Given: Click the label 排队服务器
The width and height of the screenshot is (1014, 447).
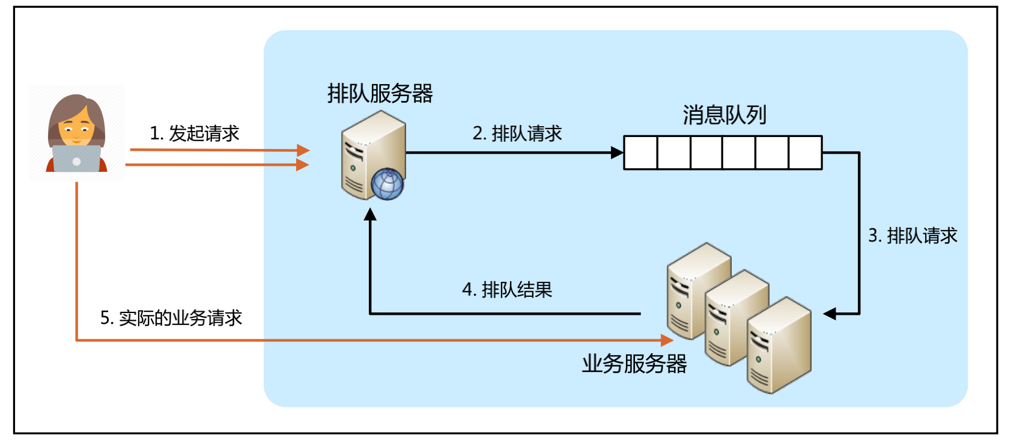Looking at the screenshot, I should (380, 94).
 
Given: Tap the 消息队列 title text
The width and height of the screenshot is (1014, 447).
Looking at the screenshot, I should (724, 115).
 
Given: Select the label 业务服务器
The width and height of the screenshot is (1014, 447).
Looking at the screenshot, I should (634, 363).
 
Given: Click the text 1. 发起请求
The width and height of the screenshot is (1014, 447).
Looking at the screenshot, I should (194, 133).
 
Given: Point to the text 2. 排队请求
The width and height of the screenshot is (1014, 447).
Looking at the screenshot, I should (517, 133).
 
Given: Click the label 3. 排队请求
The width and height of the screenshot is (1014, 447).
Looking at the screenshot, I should (912, 236).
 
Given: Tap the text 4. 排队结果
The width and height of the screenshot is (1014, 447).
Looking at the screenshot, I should (507, 290).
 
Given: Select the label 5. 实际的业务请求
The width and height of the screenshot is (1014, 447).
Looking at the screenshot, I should (171, 318).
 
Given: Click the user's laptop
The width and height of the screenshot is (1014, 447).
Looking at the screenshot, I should (76, 159).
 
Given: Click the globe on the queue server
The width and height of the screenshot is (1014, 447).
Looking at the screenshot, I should (387, 184).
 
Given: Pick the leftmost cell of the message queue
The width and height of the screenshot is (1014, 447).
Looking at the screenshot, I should (640, 153).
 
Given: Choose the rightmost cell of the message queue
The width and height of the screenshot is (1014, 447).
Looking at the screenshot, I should (805, 153).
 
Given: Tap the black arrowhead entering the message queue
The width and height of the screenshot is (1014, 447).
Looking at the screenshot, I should (617, 153).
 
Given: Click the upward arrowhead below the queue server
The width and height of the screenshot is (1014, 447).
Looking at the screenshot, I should (370, 214).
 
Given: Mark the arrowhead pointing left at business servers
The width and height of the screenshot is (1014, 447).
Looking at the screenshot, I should (830, 314).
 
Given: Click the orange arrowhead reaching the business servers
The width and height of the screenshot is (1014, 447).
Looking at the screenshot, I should (667, 341).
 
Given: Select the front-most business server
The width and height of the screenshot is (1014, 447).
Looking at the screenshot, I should (779, 345).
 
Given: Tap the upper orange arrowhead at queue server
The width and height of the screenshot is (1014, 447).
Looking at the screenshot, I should (303, 150).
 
